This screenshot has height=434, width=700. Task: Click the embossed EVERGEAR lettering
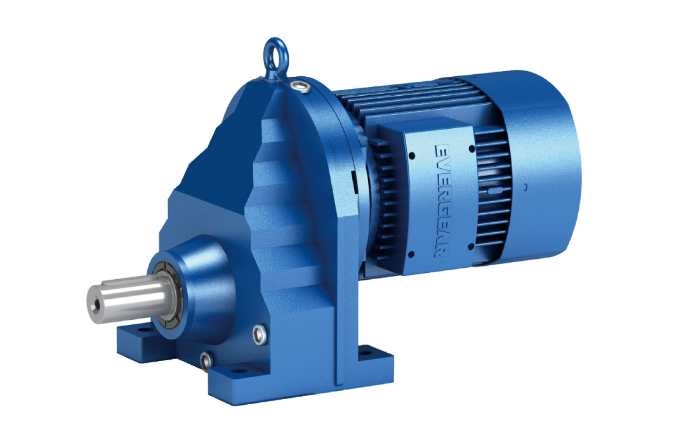tap(439, 201)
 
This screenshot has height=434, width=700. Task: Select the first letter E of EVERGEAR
tap(439, 150)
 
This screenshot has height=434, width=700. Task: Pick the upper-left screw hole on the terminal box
tap(413, 154)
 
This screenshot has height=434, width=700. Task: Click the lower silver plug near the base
tap(204, 360)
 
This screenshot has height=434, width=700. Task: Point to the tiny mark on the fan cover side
tap(525, 187)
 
